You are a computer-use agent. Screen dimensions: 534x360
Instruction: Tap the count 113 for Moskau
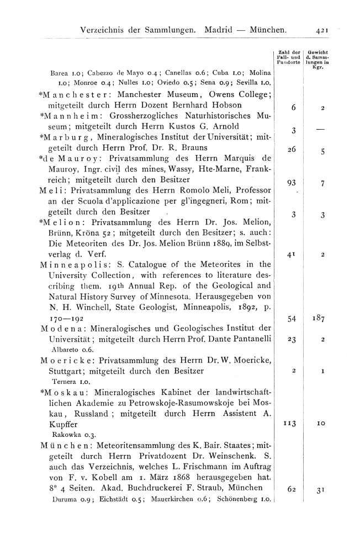pyautogui.click(x=287, y=424)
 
